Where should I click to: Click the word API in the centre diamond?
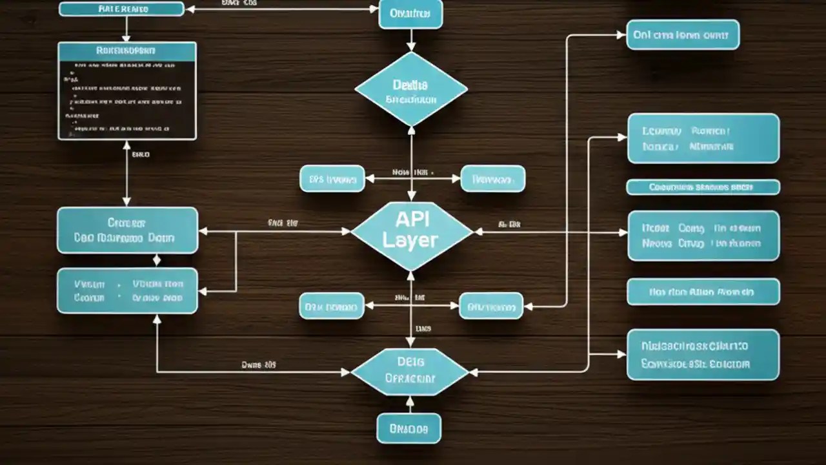point(412,220)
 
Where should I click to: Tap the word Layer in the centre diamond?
point(410,240)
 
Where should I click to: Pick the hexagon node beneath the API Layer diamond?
point(410,371)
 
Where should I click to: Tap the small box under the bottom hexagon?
point(408,428)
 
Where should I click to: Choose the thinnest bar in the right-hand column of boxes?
point(703,187)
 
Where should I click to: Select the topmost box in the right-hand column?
point(683,35)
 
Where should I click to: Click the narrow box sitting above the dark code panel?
point(121,8)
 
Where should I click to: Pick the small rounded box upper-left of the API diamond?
point(332,179)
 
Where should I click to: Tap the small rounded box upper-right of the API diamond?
point(492,179)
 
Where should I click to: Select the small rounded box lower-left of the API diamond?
point(332,305)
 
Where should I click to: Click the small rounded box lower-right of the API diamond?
point(490,305)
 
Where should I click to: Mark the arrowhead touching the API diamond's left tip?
point(347,231)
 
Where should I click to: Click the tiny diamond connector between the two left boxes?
point(157,260)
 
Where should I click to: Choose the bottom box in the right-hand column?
point(703,355)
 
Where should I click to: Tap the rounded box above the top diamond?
point(410,14)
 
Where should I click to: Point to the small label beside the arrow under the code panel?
point(140,155)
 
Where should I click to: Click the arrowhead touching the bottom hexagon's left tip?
point(347,372)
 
